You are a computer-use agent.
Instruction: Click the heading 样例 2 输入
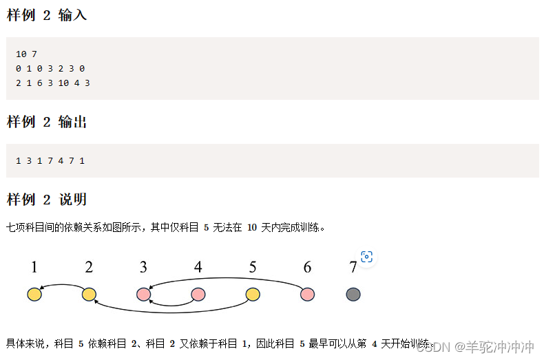(x=47, y=15)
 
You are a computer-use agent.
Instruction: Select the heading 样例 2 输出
(x=47, y=122)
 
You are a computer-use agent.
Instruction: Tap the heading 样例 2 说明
(x=47, y=200)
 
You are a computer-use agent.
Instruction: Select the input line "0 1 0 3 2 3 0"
(x=50, y=68)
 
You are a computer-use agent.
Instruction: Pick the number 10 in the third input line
(x=63, y=83)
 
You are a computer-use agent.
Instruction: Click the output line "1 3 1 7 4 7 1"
(x=50, y=160)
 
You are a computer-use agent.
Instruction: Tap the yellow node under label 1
(x=34, y=295)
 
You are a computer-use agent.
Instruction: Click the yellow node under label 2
(x=89, y=295)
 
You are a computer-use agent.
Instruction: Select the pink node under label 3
(x=143, y=295)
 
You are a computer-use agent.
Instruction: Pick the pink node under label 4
(x=198, y=295)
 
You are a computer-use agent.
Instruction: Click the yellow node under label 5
(x=253, y=295)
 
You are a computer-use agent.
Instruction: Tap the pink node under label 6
(x=307, y=295)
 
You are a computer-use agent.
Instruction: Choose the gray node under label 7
(x=353, y=295)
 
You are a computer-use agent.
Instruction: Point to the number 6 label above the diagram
(x=307, y=267)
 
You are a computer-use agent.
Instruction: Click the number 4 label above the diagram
(x=198, y=267)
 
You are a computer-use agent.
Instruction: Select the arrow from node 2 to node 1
(x=62, y=285)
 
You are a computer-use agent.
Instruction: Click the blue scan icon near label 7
(x=367, y=257)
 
